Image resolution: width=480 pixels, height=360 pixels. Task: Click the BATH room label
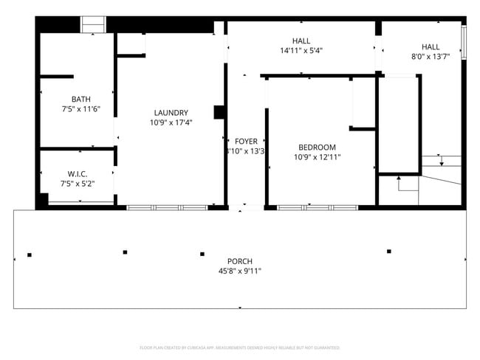click(81, 99)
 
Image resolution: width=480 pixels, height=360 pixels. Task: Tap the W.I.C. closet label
click(77, 173)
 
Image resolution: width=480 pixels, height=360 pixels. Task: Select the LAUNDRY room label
click(171, 113)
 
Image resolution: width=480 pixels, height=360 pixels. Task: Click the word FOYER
click(246, 141)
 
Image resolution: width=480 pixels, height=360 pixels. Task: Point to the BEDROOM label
click(317, 147)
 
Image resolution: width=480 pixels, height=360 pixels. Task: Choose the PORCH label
click(240, 261)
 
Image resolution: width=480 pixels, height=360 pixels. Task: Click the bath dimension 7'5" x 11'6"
click(81, 109)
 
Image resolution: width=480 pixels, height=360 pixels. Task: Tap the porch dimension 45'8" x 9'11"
click(240, 271)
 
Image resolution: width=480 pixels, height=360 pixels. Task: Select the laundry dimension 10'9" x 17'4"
click(171, 123)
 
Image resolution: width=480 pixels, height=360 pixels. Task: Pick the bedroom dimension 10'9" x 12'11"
click(317, 156)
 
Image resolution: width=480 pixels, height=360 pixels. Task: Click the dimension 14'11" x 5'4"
click(301, 51)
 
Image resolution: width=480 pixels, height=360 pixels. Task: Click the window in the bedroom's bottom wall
click(318, 207)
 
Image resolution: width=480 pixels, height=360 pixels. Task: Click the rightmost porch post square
click(388, 252)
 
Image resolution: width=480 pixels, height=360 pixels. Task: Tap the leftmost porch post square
click(30, 255)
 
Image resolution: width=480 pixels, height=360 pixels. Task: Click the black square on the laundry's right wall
click(219, 112)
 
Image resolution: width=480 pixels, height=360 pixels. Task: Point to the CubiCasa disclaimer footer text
click(239, 347)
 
